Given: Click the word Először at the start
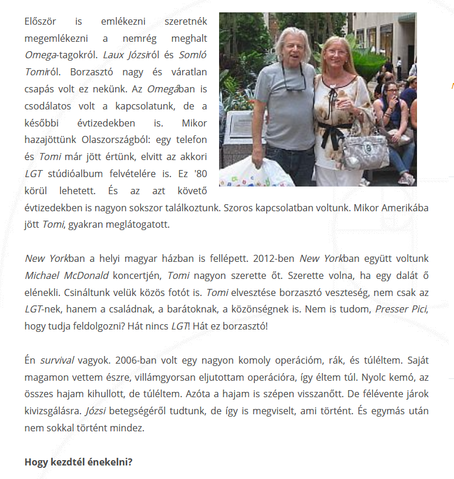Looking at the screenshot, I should point(39,22).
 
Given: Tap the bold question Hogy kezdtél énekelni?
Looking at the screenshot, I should point(79,462).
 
